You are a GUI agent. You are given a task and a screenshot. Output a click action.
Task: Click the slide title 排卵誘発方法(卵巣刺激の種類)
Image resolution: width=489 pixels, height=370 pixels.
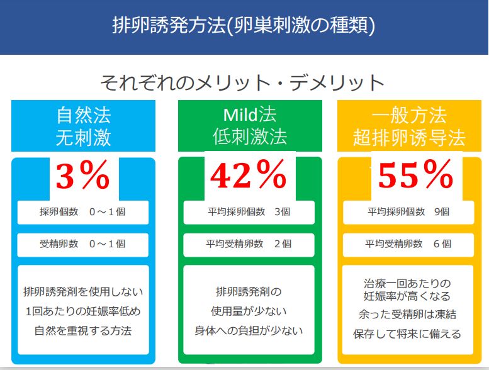click(244, 25)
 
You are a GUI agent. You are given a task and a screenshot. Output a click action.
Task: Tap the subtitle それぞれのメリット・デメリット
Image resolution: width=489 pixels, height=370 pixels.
click(242, 83)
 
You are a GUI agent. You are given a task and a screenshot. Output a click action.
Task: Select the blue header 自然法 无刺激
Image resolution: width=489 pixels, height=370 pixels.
click(83, 126)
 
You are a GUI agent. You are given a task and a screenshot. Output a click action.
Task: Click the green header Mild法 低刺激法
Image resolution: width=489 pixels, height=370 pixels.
click(250, 126)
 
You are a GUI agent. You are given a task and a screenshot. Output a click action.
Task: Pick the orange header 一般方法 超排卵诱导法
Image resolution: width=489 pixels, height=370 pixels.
click(409, 126)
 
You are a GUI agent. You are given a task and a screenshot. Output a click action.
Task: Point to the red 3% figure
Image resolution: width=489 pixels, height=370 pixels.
click(83, 175)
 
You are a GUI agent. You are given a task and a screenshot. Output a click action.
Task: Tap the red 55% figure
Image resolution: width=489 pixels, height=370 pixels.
click(415, 175)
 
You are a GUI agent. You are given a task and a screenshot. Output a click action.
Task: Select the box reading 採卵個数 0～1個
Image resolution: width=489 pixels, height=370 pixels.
click(83, 212)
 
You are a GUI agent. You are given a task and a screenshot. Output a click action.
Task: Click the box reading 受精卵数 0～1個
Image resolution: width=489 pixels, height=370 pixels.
click(83, 245)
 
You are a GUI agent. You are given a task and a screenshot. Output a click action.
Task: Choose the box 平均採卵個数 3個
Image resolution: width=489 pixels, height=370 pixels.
click(249, 212)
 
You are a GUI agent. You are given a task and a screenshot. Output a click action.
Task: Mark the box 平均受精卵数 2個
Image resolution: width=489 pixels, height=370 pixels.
click(249, 245)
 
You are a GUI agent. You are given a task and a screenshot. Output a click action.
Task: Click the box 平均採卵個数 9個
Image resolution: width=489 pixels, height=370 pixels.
click(408, 212)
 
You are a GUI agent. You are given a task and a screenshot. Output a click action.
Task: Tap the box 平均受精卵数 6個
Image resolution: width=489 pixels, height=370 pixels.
click(408, 245)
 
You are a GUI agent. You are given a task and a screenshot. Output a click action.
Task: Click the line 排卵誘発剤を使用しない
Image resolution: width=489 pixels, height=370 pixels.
click(83, 292)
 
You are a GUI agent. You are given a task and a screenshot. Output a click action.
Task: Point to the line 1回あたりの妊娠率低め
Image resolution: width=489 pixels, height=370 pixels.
click(83, 311)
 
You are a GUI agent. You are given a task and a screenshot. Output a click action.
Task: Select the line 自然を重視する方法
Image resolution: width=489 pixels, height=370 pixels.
click(83, 330)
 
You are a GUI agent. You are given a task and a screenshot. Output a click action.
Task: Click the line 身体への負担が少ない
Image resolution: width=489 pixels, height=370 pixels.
click(249, 330)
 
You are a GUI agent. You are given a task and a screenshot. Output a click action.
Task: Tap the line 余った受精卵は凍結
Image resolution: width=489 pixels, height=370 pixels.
click(407, 314)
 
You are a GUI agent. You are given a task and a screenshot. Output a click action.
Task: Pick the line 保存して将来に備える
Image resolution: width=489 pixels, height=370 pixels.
click(407, 334)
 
